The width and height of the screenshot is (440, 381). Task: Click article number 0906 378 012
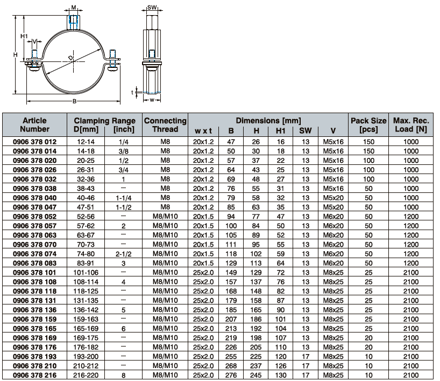[x=34, y=142]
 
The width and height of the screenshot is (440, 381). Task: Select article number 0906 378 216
[x=34, y=375]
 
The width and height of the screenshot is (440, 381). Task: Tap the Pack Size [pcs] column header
[x=368, y=125]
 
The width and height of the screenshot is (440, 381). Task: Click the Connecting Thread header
[x=165, y=125]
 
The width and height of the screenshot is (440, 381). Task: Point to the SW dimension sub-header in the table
[x=306, y=131]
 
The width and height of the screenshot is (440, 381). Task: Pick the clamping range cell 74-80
[x=86, y=254]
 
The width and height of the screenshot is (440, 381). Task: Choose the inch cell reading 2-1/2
[x=124, y=254]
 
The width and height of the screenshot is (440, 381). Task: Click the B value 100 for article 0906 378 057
[x=231, y=226]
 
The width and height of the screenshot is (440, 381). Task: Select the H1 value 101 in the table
[x=281, y=319]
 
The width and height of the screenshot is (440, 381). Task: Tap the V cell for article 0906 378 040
[x=333, y=198]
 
